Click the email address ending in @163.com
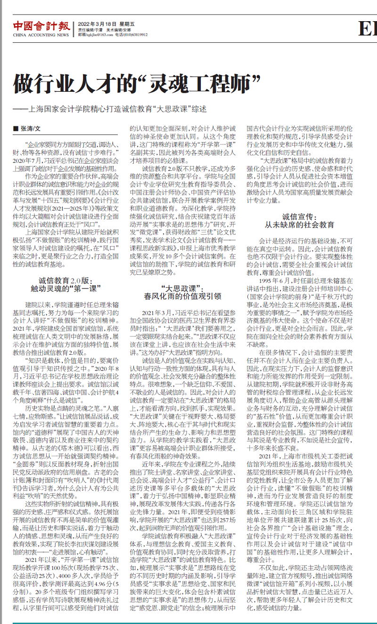coord(99,34)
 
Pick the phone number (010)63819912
coord(136,34)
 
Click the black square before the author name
coord(15,128)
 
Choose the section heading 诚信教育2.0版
coord(66,280)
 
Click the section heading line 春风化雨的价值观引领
coord(183,296)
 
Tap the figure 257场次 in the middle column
coord(225,508)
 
